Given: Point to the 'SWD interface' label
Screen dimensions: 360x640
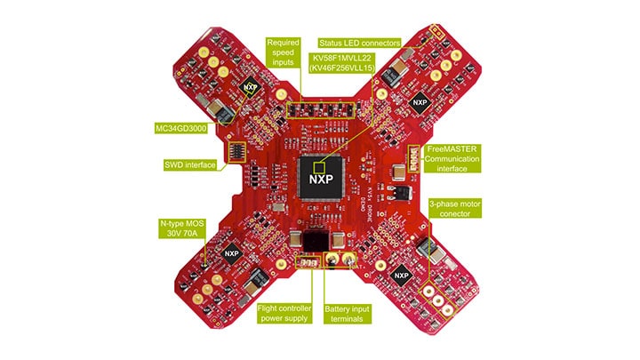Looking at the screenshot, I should coord(188,164).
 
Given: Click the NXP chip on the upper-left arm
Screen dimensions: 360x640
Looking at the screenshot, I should coord(252,89).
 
